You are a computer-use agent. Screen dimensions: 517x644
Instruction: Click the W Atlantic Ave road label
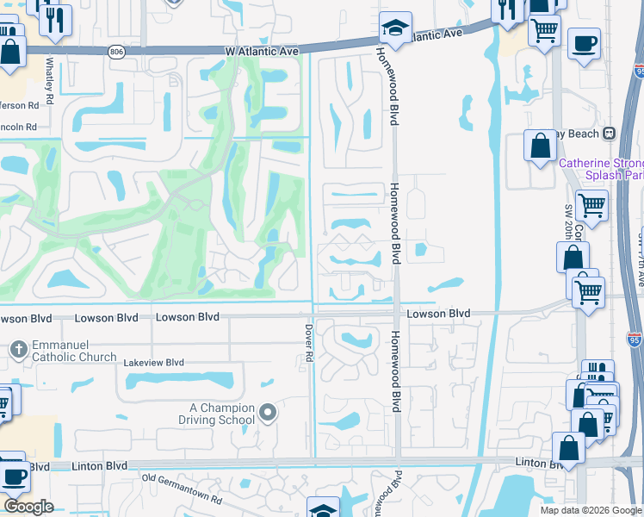(263, 52)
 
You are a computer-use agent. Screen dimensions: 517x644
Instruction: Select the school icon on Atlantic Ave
(395, 28)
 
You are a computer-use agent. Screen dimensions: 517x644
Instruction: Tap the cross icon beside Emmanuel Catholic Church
(19, 350)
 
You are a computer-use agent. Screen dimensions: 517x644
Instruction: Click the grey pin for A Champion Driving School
(268, 414)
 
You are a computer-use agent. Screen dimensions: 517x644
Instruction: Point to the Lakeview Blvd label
(154, 363)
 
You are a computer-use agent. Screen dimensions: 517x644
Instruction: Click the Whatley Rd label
(50, 81)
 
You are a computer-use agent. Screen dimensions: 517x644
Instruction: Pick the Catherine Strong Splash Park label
(601, 169)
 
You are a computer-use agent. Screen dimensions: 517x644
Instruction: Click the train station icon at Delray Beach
(610, 134)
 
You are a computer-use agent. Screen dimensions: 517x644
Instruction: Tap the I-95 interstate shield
(634, 339)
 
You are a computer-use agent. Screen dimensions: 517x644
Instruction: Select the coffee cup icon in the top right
(584, 43)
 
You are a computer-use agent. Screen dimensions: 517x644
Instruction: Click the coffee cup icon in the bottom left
(13, 477)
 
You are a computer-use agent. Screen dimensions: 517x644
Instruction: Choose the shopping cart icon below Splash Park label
(591, 206)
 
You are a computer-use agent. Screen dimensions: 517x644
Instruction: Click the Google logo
(28, 507)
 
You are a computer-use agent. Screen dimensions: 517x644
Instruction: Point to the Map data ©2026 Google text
(590, 510)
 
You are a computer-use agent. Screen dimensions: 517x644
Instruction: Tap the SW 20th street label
(569, 223)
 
